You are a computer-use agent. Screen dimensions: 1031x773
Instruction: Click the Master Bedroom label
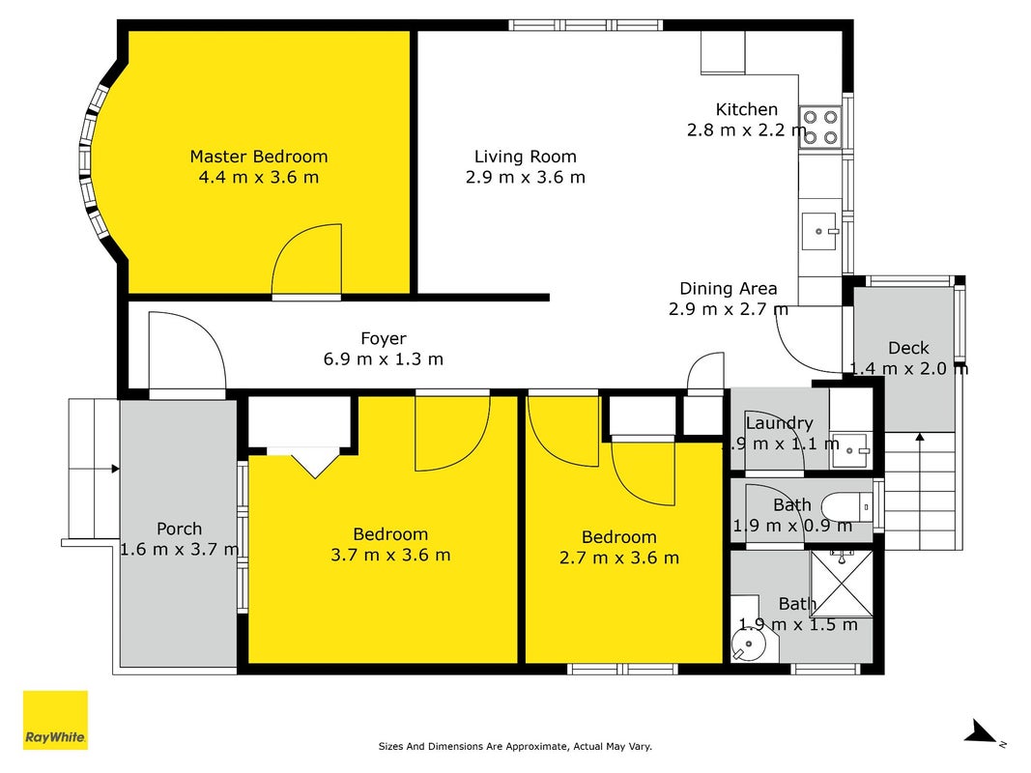point(258,157)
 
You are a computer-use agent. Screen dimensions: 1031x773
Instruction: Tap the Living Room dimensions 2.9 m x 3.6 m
point(526,177)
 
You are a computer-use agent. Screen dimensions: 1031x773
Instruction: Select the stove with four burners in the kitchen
point(820,127)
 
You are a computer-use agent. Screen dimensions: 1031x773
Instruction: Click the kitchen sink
point(819,231)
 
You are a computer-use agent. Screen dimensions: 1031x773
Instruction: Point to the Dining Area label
point(728,289)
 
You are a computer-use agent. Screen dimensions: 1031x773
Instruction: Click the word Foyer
point(384,338)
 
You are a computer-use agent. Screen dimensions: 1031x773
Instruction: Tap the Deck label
point(908,348)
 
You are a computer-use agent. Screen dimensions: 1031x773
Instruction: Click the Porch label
point(179,529)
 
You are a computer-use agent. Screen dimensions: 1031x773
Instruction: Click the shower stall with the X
point(841,584)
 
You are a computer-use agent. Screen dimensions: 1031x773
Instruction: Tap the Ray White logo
point(55,720)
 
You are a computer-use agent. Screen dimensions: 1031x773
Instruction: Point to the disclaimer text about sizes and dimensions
point(515,746)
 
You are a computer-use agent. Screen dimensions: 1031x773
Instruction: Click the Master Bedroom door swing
point(307,261)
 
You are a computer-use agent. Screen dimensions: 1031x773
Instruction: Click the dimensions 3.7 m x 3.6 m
point(390,555)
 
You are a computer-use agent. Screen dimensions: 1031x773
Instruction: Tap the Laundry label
point(779,422)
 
